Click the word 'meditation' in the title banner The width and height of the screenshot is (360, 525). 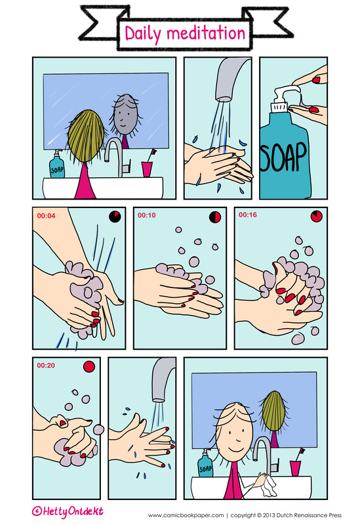point(206,33)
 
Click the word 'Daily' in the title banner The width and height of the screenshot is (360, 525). point(143,34)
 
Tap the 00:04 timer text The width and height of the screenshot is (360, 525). point(46,216)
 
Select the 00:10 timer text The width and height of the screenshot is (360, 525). point(146,215)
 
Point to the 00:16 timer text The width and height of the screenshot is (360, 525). point(248,215)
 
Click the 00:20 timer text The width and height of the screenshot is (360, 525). point(46,366)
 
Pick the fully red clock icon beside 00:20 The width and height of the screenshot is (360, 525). point(89,367)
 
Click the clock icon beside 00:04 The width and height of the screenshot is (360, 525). point(115,217)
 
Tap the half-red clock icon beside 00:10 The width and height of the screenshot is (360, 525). point(215,217)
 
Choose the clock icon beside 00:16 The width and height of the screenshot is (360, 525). point(317,216)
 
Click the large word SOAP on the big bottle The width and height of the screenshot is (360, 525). point(283,156)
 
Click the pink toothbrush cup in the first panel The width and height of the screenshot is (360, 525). point(146,169)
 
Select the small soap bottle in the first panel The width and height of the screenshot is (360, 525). point(57,165)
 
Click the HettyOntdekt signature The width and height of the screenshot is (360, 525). point(68,512)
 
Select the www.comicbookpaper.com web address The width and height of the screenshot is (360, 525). point(186,515)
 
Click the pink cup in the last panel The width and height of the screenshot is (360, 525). point(295,469)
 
